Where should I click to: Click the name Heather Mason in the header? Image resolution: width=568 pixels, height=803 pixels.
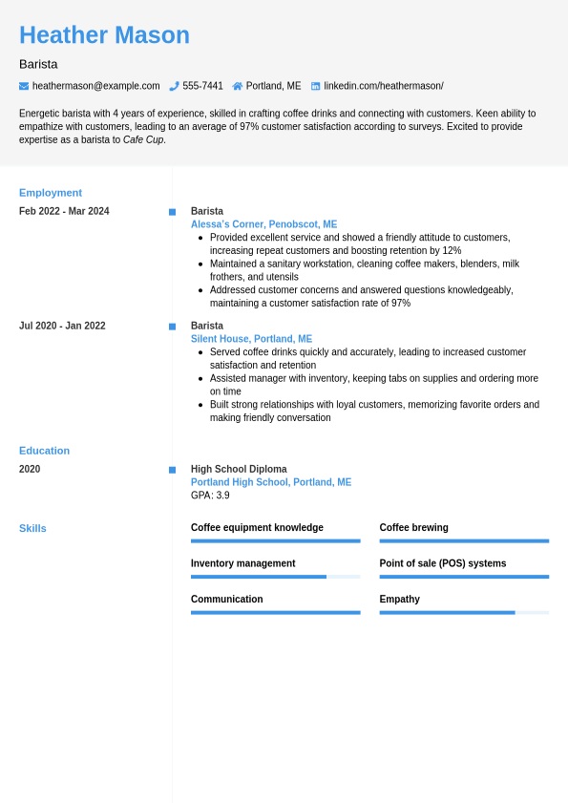104,35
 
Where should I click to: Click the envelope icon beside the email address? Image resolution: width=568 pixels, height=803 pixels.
24,86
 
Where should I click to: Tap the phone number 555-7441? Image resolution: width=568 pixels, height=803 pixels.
202,86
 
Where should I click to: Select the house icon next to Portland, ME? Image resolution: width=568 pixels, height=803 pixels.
237,86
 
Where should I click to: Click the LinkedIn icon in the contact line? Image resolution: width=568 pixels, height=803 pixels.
315,86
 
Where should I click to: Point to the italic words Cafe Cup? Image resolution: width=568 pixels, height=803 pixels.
143,139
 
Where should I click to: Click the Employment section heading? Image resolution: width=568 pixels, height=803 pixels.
51,192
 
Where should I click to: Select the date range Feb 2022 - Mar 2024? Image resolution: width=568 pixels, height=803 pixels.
64,211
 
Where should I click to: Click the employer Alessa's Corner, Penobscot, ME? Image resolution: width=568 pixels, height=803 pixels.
263,224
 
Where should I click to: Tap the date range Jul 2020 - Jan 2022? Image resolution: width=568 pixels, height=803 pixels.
62,326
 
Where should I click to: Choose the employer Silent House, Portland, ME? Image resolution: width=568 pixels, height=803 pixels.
251,339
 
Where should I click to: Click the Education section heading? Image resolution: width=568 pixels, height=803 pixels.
44,450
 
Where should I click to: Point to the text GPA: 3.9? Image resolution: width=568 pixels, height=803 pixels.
210,496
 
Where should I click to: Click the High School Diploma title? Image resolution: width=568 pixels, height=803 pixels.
239,469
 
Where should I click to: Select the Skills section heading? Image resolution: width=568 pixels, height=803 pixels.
32,528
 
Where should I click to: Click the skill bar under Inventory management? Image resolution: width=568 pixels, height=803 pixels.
275,577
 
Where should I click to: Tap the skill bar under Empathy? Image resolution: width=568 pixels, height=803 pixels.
464,612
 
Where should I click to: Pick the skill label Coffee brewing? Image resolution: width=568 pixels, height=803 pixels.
413,527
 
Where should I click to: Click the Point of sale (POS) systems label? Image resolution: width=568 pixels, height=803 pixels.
442,563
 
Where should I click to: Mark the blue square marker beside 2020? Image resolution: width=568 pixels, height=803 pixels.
172,470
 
